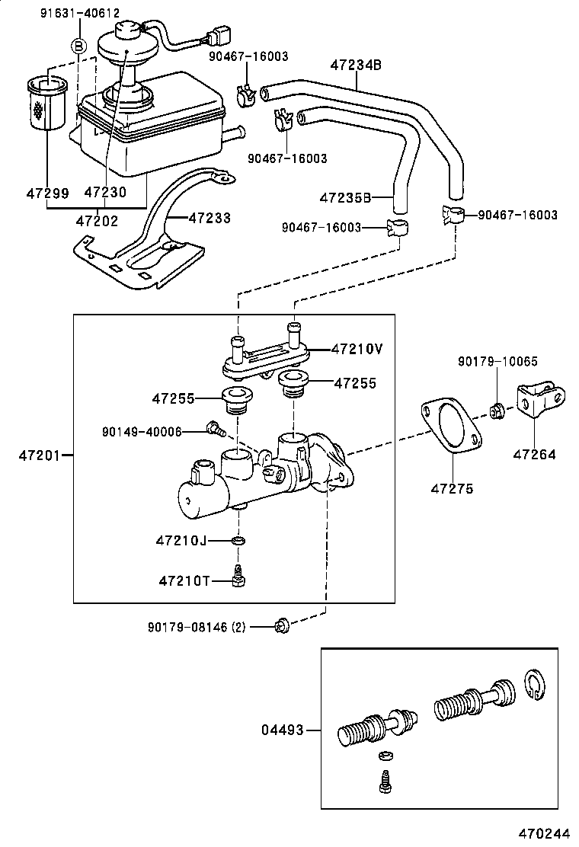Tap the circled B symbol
click(78, 46)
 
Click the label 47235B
click(345, 198)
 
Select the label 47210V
click(357, 349)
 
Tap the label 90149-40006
click(142, 432)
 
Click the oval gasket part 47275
click(449, 430)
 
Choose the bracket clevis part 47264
click(540, 401)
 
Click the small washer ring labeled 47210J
click(239, 541)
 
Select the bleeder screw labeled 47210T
click(238, 578)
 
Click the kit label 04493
click(281, 730)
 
